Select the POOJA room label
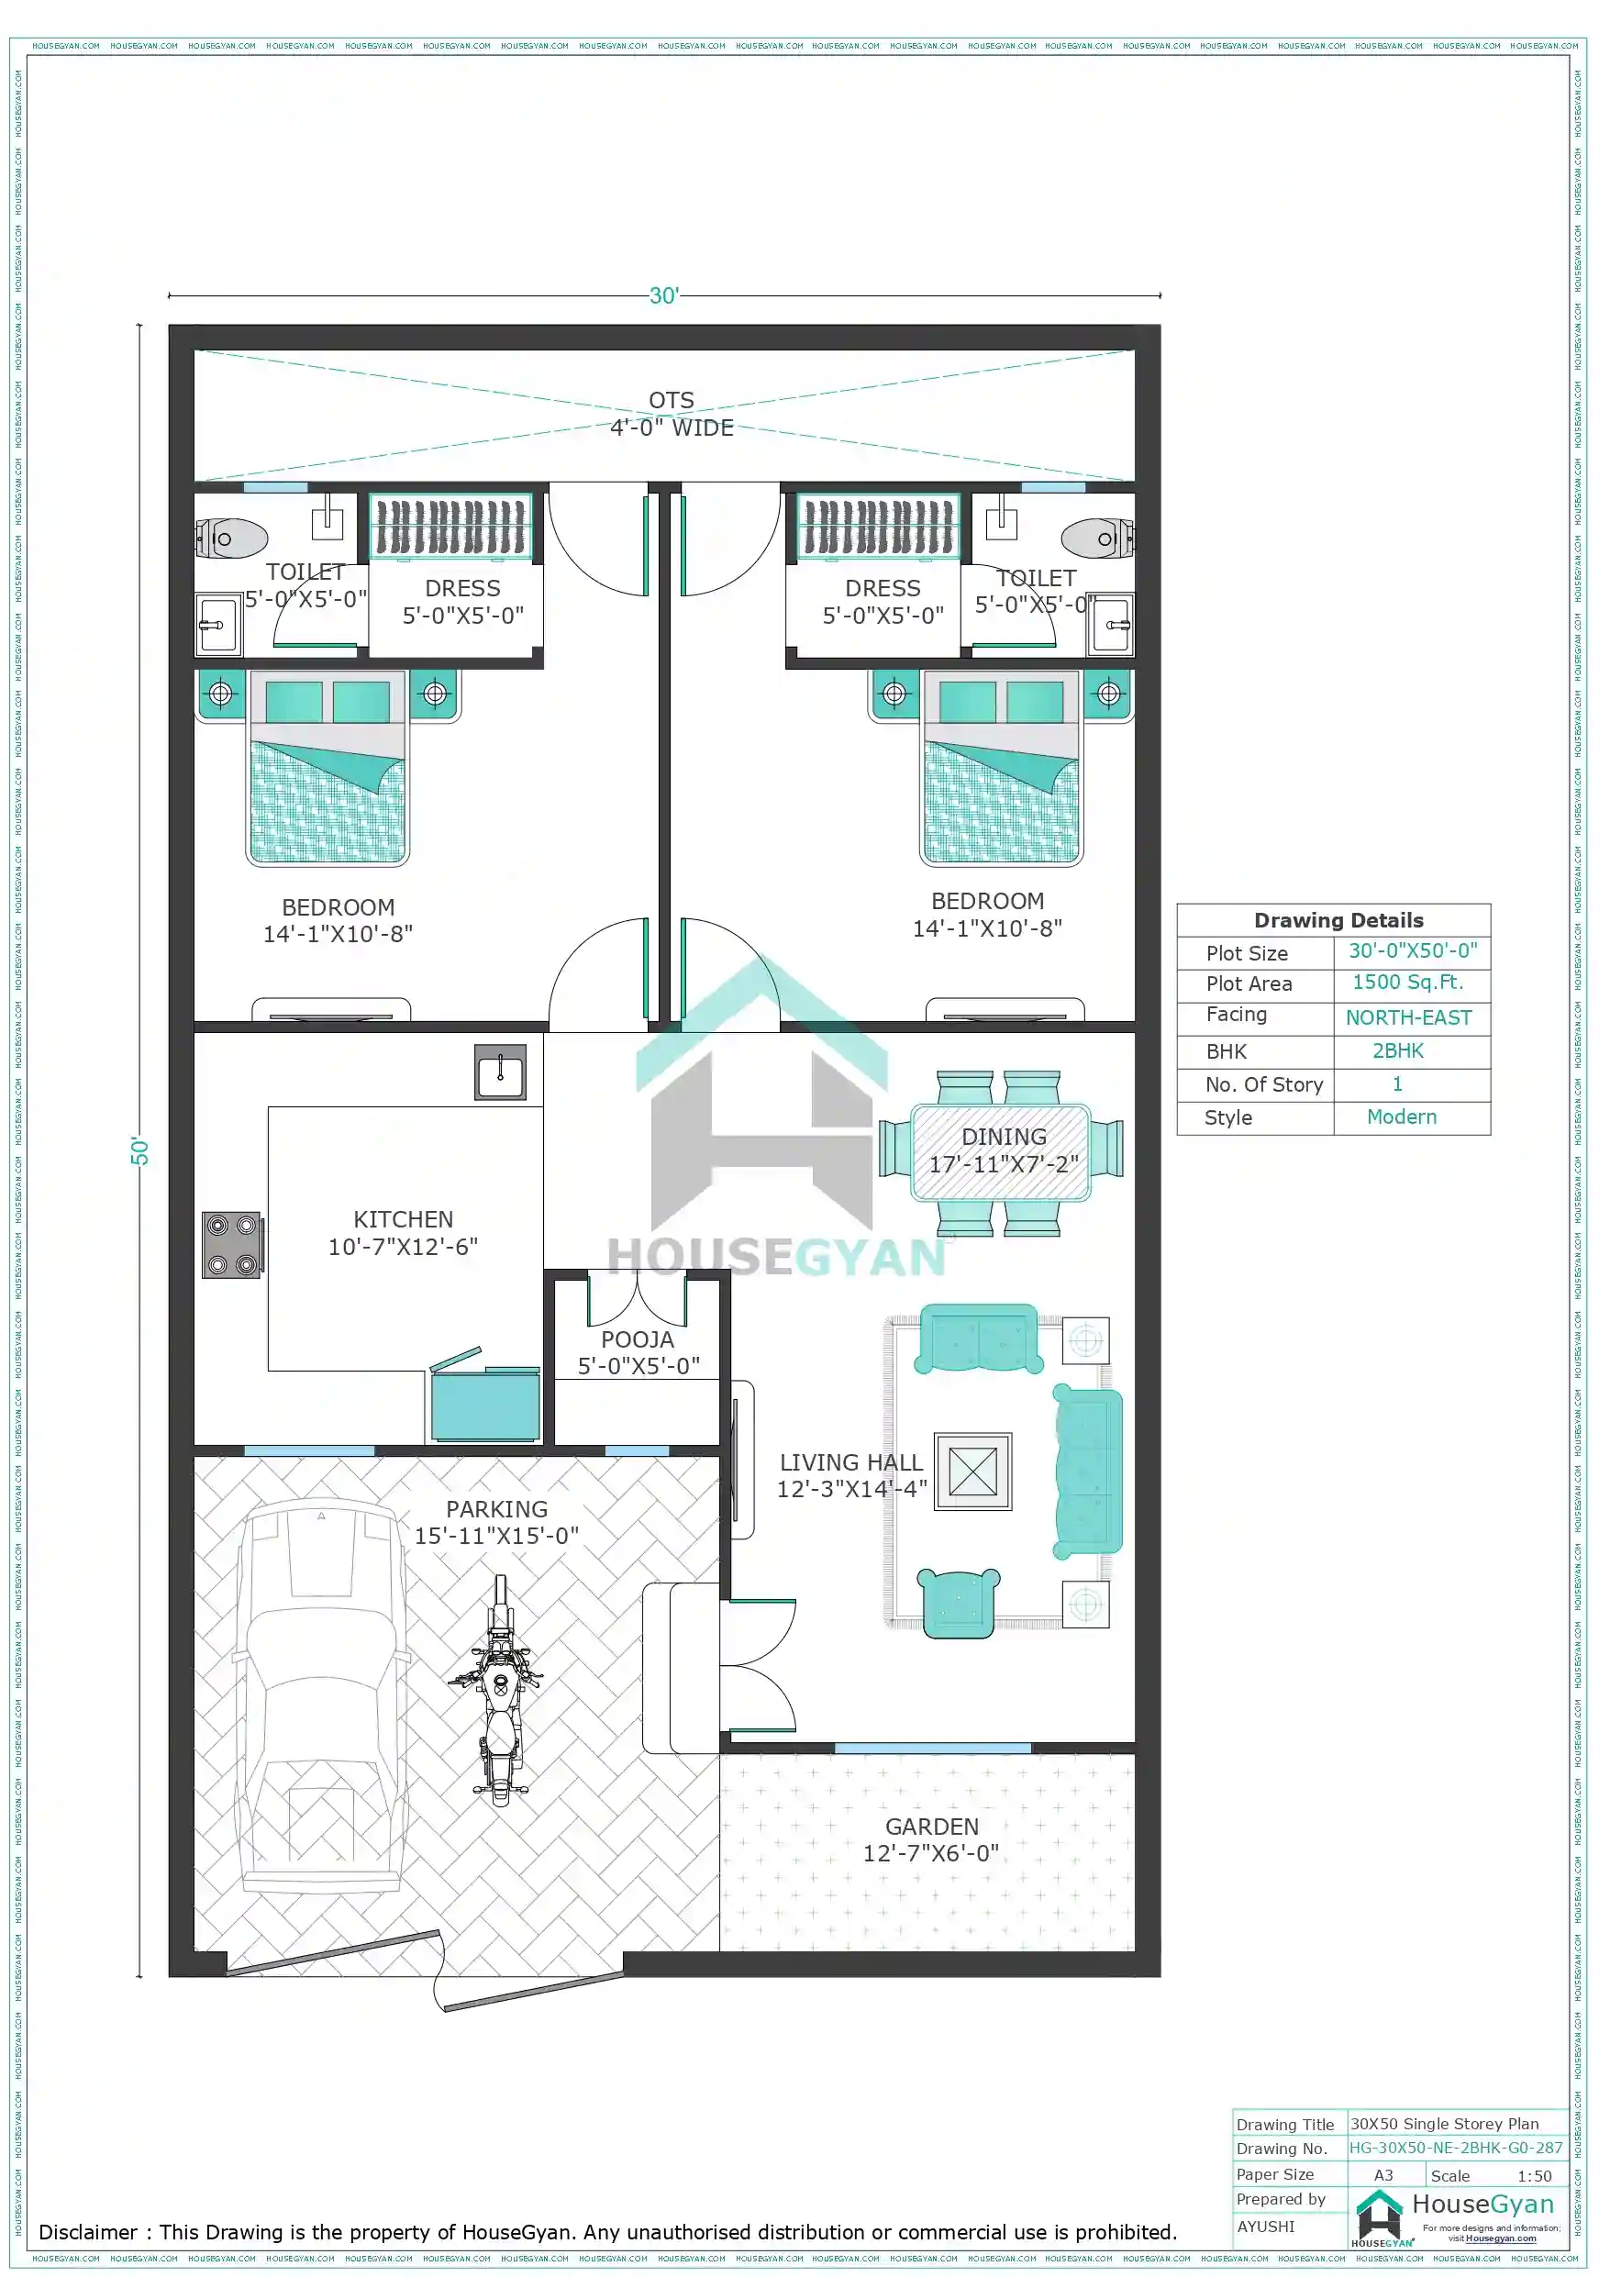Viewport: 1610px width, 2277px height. [x=638, y=1339]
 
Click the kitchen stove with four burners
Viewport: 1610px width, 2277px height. [x=232, y=1245]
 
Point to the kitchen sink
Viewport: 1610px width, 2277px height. [x=500, y=1072]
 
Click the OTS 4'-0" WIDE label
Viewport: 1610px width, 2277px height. [x=672, y=415]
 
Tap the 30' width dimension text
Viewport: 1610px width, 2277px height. [x=663, y=295]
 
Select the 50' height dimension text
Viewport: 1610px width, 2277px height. [x=139, y=1151]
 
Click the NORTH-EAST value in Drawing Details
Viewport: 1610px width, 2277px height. [x=1407, y=1017]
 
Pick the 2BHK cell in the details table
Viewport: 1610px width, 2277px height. [x=1397, y=1051]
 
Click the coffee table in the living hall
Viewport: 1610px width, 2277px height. [x=972, y=1472]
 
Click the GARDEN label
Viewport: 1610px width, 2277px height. [x=931, y=1827]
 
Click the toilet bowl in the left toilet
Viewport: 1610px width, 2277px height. [x=234, y=539]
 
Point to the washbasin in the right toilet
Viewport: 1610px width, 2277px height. [x=1112, y=625]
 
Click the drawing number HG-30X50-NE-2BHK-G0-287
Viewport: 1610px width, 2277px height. [x=1455, y=2148]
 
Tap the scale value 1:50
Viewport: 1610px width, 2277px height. [x=1534, y=2176]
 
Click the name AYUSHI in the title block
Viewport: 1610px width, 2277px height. [x=1266, y=2227]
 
